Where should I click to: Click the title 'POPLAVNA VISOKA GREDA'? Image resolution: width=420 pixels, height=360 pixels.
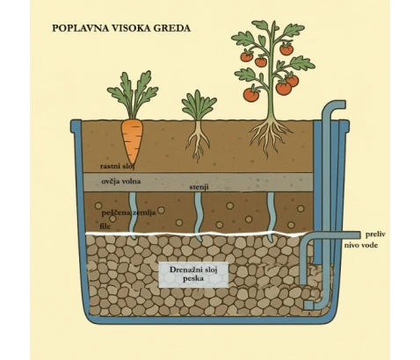click(x=121, y=28)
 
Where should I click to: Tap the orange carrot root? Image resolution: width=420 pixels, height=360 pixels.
click(x=132, y=140)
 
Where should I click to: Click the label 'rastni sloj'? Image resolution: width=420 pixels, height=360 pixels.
click(x=117, y=167)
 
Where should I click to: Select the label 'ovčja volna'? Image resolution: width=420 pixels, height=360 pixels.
click(x=121, y=182)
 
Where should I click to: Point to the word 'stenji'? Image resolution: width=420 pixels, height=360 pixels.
click(x=199, y=187)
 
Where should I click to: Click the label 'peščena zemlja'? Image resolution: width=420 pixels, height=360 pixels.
click(x=128, y=212)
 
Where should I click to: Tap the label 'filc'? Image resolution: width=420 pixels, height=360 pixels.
click(x=105, y=227)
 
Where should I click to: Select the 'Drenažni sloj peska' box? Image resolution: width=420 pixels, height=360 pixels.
click(x=193, y=274)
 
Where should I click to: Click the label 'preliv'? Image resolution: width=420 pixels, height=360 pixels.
click(x=375, y=234)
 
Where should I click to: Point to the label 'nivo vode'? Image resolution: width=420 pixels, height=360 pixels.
click(x=361, y=245)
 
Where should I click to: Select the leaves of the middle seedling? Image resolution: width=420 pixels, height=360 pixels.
click(x=199, y=104)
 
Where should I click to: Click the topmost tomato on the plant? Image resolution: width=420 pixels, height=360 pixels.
click(x=286, y=48)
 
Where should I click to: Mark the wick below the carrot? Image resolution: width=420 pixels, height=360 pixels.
click(x=133, y=215)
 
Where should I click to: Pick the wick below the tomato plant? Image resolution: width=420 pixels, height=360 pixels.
click(x=271, y=217)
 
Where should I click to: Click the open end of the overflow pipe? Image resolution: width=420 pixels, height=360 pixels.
click(x=359, y=235)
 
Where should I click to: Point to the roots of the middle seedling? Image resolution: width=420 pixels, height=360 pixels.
click(x=198, y=140)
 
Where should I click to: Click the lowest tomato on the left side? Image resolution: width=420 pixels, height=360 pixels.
click(x=250, y=94)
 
